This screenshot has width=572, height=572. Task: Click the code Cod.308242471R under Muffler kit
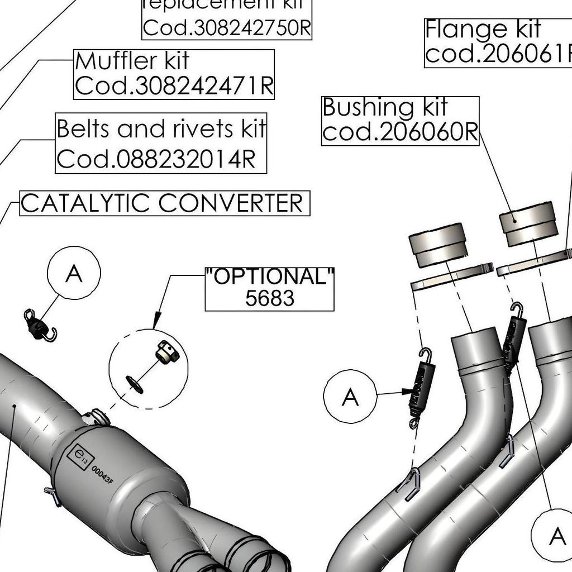click(174, 86)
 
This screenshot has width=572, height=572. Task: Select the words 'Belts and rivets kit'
click(161, 130)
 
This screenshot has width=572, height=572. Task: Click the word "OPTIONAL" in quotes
click(270, 277)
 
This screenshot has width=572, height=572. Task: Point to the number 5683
click(269, 298)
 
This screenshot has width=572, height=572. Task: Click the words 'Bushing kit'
click(384, 107)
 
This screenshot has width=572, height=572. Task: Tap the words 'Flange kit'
click(483, 29)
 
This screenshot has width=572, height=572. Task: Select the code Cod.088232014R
click(156, 160)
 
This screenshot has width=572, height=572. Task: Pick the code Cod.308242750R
click(226, 28)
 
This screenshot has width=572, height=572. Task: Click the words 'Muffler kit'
click(132, 61)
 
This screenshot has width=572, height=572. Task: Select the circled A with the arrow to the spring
click(350, 397)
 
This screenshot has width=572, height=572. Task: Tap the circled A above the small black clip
click(74, 274)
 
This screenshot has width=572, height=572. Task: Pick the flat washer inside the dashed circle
click(134, 384)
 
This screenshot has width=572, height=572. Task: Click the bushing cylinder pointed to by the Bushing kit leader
click(527, 225)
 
